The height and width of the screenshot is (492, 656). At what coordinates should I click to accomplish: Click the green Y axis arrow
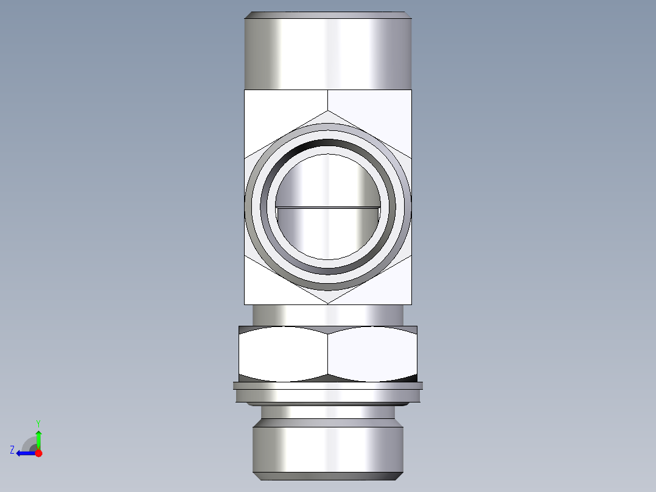coord(38,438)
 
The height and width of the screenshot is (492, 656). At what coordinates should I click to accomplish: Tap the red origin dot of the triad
coord(38,453)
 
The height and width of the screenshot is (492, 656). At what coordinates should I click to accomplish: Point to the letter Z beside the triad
coord(12,450)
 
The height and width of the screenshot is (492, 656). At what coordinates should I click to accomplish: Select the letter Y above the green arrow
coord(38,423)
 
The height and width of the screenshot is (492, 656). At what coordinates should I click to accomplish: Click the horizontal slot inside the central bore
coord(328,208)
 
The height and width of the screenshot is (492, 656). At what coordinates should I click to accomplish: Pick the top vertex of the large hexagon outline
coord(328,111)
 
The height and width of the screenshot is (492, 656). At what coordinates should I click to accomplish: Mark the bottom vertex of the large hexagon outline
coord(328,304)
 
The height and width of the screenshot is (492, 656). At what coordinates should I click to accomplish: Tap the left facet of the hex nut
coord(283,354)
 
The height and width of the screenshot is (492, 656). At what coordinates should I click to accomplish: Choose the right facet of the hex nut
coord(372,354)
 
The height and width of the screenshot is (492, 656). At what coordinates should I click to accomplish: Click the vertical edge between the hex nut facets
coord(328,354)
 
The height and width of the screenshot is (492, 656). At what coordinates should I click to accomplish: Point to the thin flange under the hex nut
coord(328,385)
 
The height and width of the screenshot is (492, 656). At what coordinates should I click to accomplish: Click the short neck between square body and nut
coord(328,315)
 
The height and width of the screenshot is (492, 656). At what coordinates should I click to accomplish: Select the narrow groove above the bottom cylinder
coord(328,413)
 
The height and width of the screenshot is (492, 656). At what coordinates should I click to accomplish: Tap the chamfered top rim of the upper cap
coord(328,15)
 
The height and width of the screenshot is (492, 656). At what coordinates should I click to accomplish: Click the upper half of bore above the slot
coord(328,180)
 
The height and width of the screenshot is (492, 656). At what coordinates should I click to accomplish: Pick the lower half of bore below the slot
coord(328,234)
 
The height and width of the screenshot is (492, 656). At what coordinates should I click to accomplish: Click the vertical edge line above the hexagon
coord(328,100)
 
